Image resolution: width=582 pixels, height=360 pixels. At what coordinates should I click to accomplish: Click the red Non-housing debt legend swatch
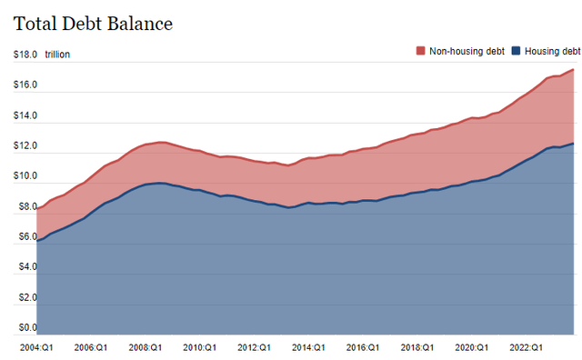(x=419, y=52)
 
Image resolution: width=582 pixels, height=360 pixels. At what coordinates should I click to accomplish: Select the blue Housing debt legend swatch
(x=516, y=52)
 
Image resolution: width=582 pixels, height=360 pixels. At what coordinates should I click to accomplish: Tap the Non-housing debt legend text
(x=467, y=52)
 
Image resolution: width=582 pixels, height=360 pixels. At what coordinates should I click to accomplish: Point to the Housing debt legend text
(x=551, y=52)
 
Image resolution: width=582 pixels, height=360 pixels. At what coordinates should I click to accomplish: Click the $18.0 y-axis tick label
(x=25, y=55)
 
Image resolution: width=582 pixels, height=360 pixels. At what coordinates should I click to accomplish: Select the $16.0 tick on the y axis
(x=25, y=85)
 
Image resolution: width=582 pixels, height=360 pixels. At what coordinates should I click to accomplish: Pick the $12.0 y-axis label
(x=25, y=146)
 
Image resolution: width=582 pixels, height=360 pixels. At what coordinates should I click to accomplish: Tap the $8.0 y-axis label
(x=25, y=207)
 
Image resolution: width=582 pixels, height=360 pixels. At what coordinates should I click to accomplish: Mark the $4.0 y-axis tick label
(x=25, y=267)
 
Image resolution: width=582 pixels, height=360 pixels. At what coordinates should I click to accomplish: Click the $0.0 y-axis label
(x=25, y=327)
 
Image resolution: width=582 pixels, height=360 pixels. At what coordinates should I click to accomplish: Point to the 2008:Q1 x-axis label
(x=144, y=347)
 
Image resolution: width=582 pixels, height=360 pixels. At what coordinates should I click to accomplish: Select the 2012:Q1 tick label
(x=254, y=347)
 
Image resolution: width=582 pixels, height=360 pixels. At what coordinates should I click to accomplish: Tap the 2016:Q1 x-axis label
(x=363, y=347)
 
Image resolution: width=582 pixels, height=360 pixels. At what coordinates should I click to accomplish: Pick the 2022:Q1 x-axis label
(x=526, y=347)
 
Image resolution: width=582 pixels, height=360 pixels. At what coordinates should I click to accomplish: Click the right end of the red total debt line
(x=573, y=70)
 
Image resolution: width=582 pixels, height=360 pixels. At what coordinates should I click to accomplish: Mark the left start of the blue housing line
(x=37, y=240)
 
